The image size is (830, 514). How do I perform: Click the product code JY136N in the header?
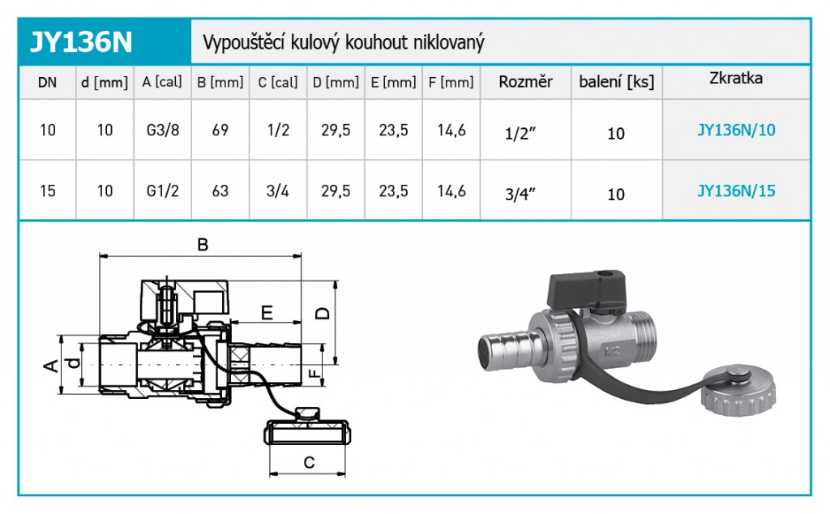click(82, 41)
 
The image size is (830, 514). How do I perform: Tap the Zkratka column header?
click(736, 79)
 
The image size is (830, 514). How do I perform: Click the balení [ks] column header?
click(616, 82)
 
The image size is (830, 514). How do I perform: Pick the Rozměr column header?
click(525, 82)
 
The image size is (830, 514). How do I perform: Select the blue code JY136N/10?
click(736, 130)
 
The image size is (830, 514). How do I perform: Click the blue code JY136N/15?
click(736, 191)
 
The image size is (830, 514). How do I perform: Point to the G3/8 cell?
click(162, 131)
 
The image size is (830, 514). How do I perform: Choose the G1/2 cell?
click(162, 191)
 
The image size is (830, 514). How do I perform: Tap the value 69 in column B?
click(220, 131)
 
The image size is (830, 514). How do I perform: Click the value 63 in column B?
click(220, 191)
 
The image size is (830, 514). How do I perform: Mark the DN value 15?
click(47, 191)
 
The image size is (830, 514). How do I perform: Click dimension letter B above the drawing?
click(203, 243)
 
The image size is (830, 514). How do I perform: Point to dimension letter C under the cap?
click(309, 462)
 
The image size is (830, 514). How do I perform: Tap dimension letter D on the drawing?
click(323, 312)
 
